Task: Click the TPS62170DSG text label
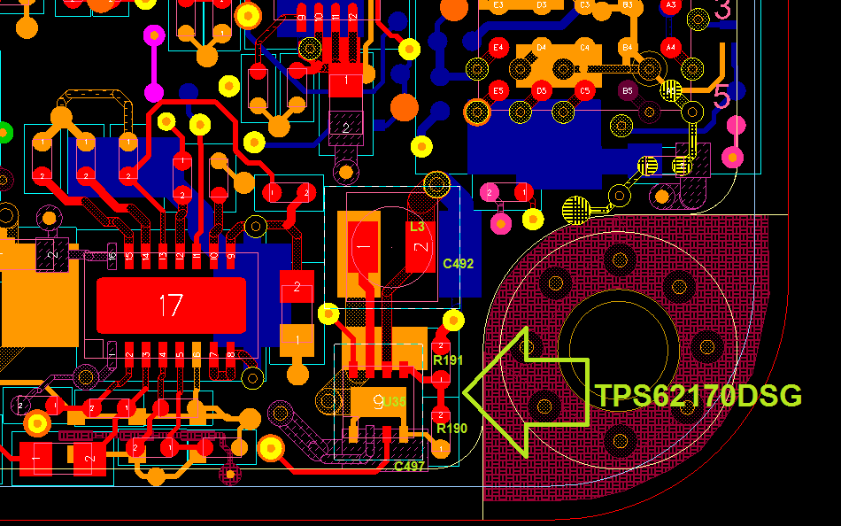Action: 698,396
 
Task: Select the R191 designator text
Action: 448,360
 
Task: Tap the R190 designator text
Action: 451,429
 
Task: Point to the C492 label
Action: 458,264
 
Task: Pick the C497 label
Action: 409,467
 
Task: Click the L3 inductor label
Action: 417,227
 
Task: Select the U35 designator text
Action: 395,402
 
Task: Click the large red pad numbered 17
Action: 171,306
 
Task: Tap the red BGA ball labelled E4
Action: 498,47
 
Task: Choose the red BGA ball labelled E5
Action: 498,90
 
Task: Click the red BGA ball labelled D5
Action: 542,90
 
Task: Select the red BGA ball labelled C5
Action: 584,90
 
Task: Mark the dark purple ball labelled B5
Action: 628,90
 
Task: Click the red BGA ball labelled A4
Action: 671,47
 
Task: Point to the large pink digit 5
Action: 721,96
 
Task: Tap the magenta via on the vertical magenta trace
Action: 154,91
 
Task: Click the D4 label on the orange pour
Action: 542,47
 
